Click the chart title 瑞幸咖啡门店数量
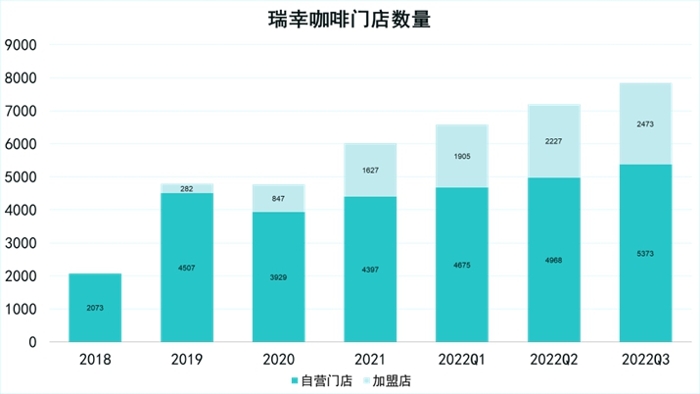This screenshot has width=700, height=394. click(350, 20)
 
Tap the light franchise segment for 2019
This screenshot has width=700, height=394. click(187, 188)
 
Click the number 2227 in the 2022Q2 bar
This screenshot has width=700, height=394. click(554, 141)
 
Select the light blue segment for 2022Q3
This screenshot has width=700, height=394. click(645, 123)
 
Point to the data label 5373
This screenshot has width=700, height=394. click(645, 254)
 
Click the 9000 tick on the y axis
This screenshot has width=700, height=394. click(21, 45)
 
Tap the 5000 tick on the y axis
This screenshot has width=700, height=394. click(21, 177)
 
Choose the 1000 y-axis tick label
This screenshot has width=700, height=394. click(21, 310)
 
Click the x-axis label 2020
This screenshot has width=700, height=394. click(279, 359)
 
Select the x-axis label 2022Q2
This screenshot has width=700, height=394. click(554, 359)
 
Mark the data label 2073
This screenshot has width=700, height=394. click(95, 308)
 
